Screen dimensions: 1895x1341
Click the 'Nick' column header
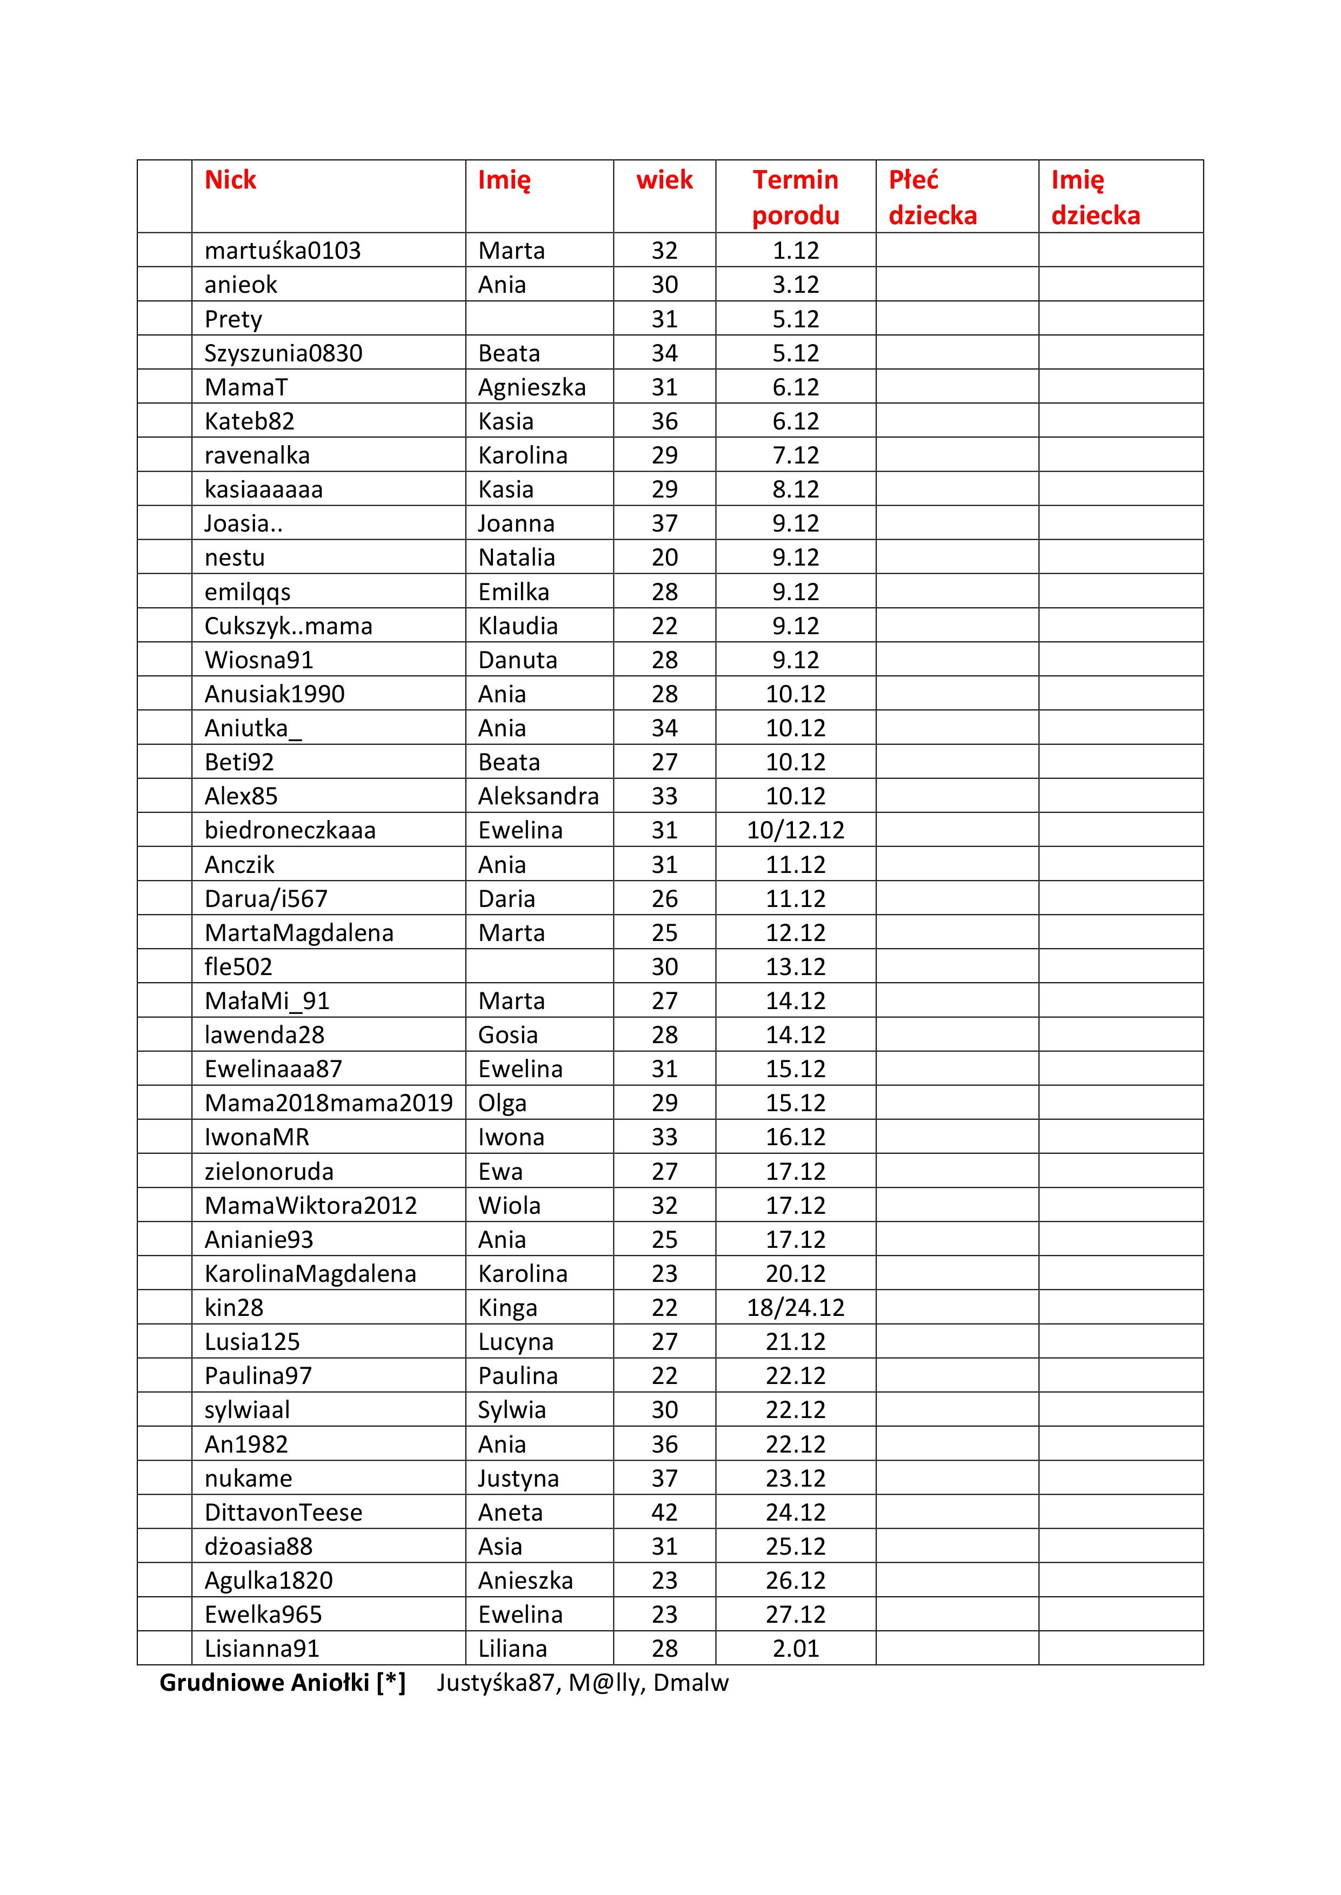230,180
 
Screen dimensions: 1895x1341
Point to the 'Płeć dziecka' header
932,197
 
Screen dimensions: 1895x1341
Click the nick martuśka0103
282,250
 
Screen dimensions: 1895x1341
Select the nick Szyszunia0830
283,353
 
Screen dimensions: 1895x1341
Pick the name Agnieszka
532,387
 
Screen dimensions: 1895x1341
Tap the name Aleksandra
538,796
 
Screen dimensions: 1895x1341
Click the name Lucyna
515,1342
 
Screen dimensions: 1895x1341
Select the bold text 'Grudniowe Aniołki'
264,1683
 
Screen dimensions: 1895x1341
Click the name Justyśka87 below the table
496,1683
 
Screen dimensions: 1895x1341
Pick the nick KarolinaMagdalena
310,1274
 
